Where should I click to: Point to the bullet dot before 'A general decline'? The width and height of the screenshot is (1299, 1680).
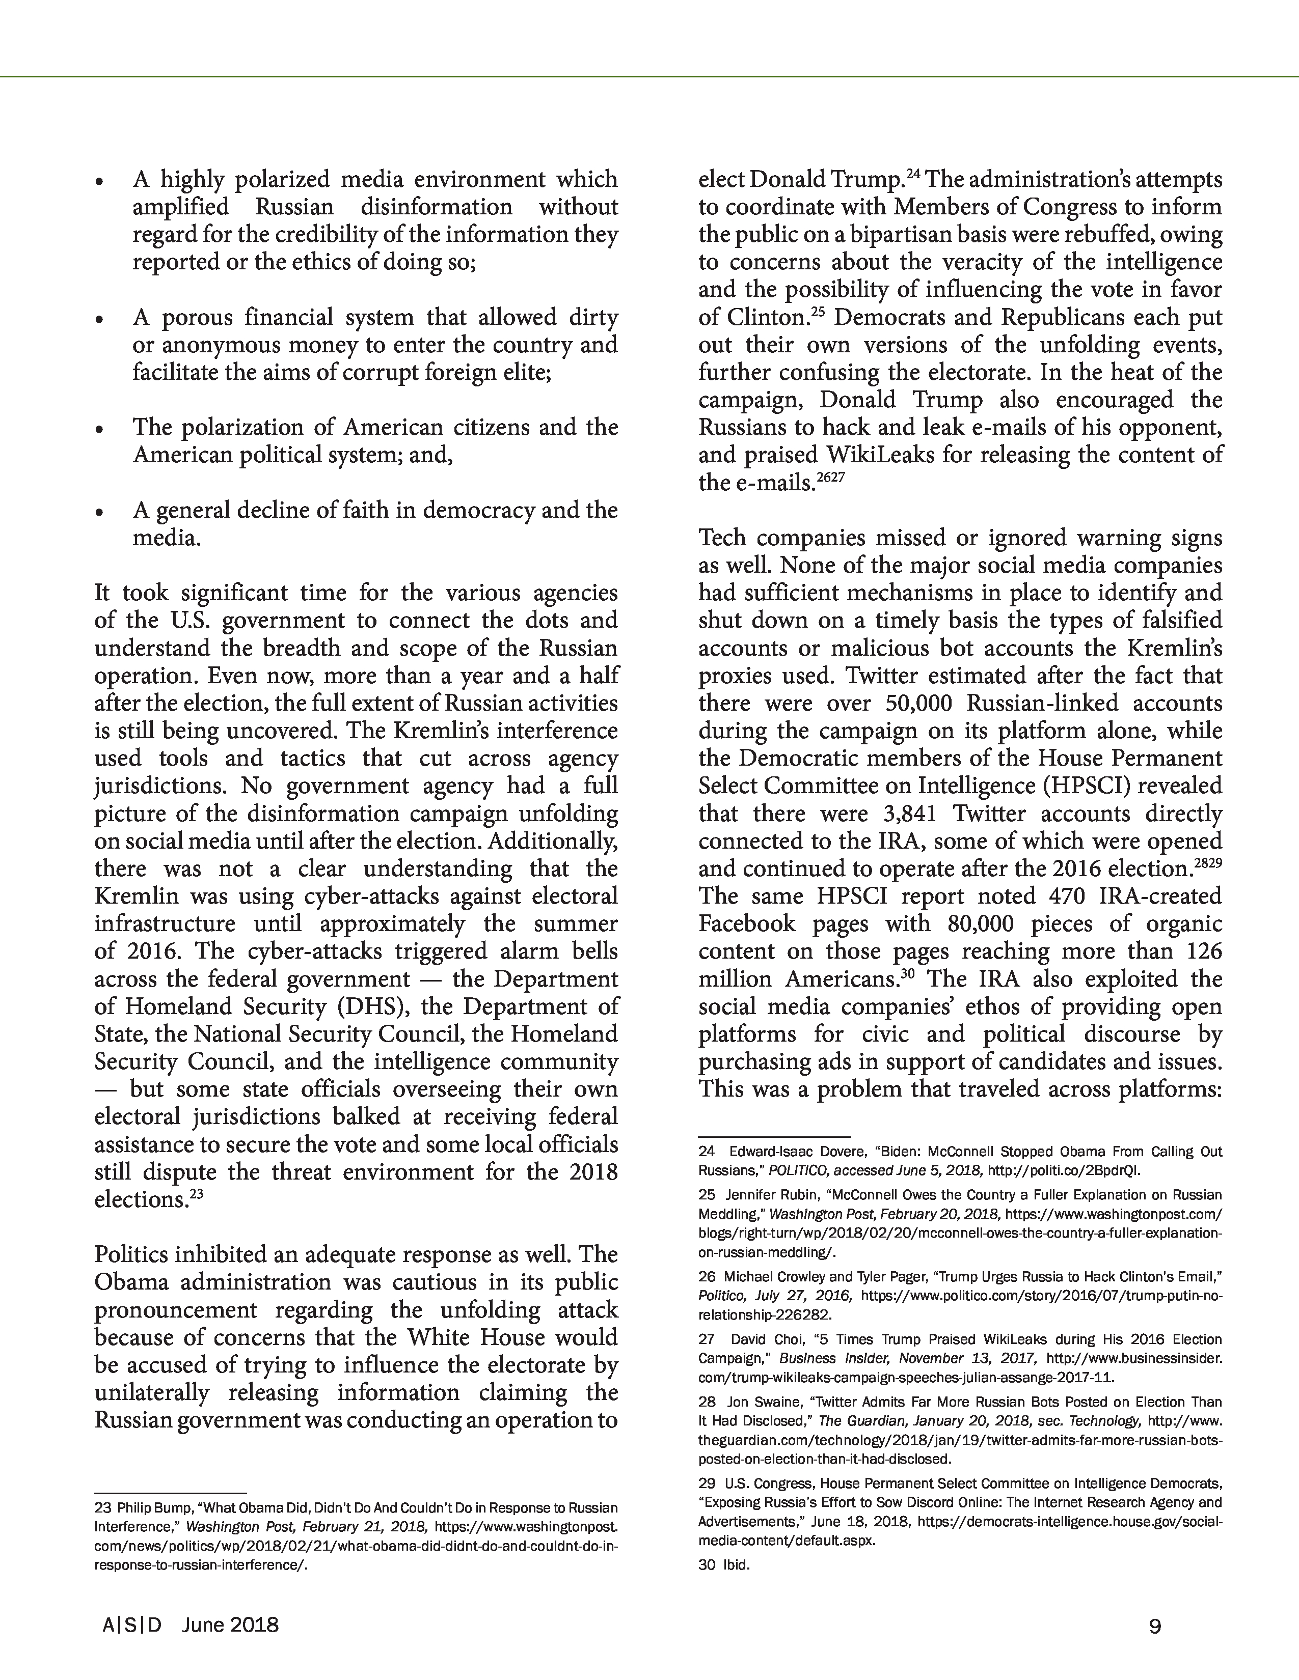[99, 512]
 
